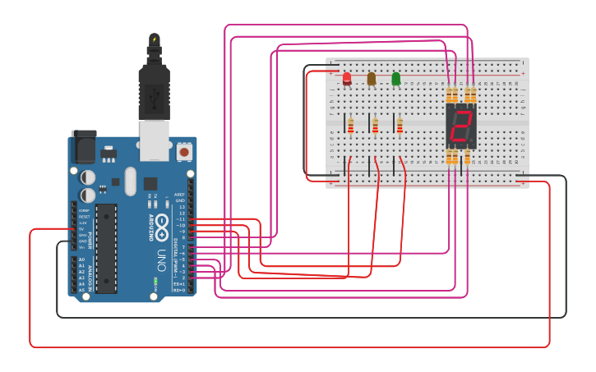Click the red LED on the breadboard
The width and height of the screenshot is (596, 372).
pyautogui.click(x=347, y=78)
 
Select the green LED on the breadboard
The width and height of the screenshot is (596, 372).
pyautogui.click(x=396, y=78)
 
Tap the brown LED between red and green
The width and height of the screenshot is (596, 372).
pyautogui.click(x=372, y=78)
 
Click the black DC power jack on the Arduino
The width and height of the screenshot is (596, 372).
pyautogui.click(x=84, y=148)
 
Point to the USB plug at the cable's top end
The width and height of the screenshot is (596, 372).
pyautogui.click(x=154, y=82)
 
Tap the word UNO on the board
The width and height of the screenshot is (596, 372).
pyautogui.click(x=161, y=255)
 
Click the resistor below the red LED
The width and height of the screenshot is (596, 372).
pyautogui.click(x=351, y=126)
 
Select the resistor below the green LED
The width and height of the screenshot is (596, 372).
pyautogui.click(x=400, y=126)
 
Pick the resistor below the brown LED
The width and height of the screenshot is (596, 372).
pyautogui.click(x=376, y=126)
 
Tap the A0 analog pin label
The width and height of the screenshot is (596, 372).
pyautogui.click(x=81, y=259)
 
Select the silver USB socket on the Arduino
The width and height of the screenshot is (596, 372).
pyautogui.click(x=154, y=140)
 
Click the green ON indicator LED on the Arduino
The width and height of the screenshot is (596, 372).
pyautogui.click(x=155, y=282)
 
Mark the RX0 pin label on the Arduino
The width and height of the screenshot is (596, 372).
pyautogui.click(x=179, y=290)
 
